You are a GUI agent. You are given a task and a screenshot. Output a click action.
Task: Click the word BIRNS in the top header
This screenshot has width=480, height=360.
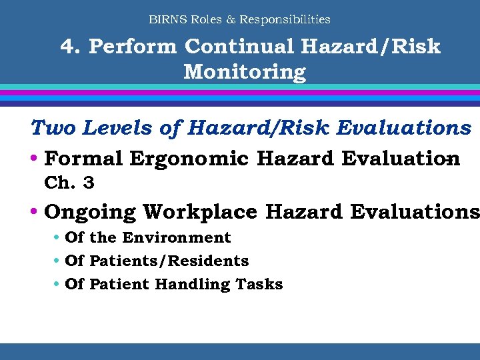(x=168, y=19)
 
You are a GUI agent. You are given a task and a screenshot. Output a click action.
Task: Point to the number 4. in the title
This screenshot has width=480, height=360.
(x=70, y=47)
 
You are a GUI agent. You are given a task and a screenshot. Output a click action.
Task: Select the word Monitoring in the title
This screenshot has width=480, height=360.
(x=245, y=71)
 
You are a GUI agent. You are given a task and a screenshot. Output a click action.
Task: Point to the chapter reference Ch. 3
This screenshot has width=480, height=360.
(x=69, y=182)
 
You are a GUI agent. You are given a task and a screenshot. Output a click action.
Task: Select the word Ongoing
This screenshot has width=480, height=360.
(x=90, y=212)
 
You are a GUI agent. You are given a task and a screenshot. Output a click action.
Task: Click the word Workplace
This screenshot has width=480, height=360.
(x=200, y=212)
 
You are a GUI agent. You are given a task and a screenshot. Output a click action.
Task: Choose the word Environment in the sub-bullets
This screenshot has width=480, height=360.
(x=176, y=237)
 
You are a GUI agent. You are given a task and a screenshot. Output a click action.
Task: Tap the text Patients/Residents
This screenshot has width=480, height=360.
(x=169, y=261)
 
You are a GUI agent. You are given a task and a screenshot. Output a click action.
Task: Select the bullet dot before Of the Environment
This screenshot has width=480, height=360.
(x=57, y=238)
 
